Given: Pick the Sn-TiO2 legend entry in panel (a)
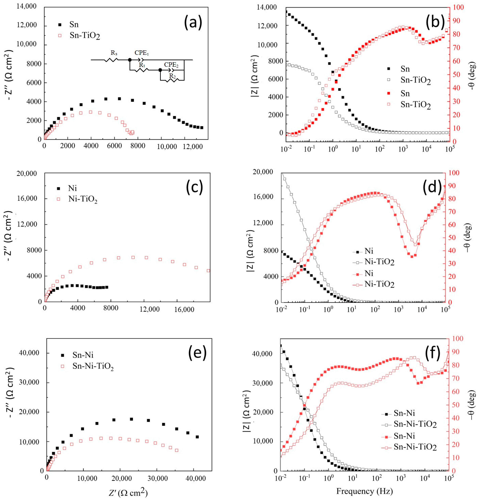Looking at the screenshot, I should (85, 36).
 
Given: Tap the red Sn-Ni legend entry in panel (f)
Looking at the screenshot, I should (404, 436).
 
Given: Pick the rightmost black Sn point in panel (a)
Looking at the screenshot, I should (202, 128).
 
